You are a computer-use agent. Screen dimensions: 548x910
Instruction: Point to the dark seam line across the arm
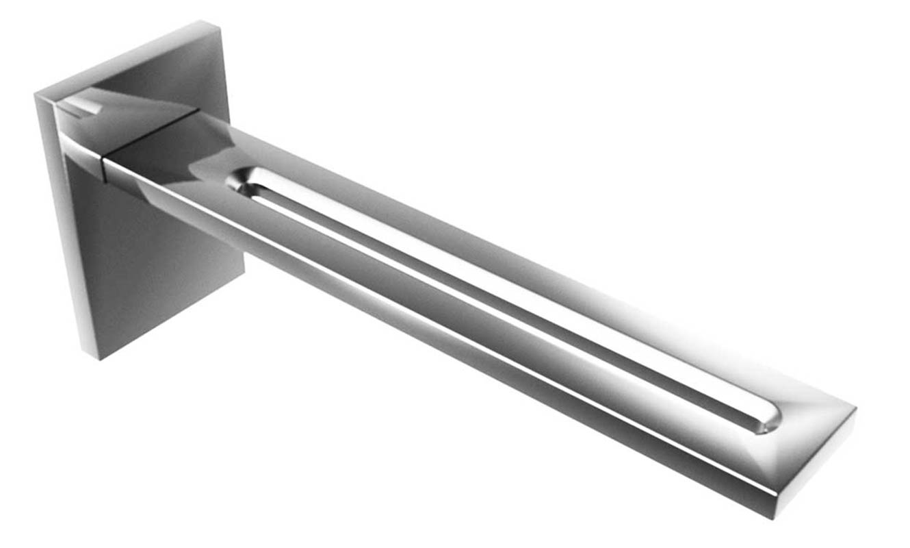[x=151, y=134]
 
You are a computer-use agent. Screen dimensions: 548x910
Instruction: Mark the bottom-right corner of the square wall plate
[x=244, y=274]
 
